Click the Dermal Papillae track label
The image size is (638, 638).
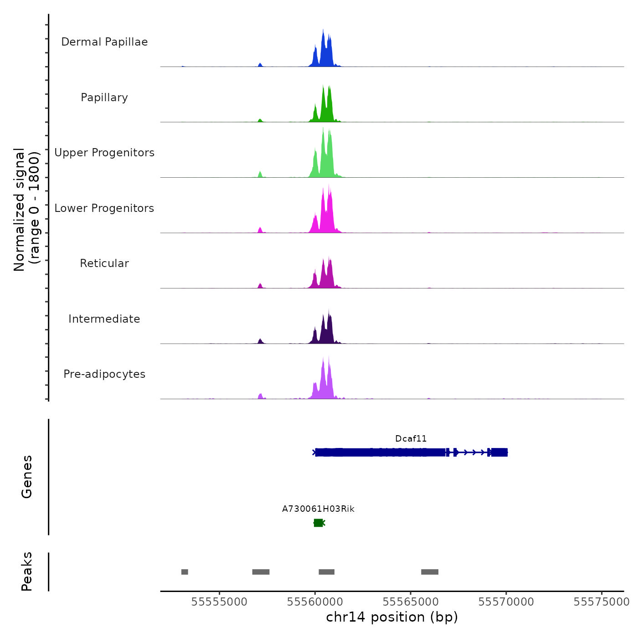(x=104, y=42)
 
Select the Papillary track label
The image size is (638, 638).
(x=104, y=98)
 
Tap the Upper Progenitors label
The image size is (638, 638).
(x=104, y=153)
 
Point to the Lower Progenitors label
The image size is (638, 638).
(x=104, y=208)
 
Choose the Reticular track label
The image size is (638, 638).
(x=104, y=263)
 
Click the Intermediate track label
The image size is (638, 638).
(x=104, y=319)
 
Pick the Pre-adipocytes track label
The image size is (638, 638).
(x=104, y=374)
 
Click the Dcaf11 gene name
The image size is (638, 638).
(x=411, y=439)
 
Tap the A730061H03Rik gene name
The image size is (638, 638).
(x=318, y=509)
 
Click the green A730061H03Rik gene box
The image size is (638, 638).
(x=319, y=523)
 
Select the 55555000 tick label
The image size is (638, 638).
(x=219, y=602)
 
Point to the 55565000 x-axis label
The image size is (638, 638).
(x=411, y=602)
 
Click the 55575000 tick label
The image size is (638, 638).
(x=602, y=602)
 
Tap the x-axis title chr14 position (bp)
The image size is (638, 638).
(x=392, y=617)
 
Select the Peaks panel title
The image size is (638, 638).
(x=27, y=571)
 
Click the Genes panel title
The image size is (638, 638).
(x=27, y=477)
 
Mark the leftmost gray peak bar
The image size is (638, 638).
(x=185, y=572)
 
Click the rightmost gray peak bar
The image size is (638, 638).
(x=429, y=572)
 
